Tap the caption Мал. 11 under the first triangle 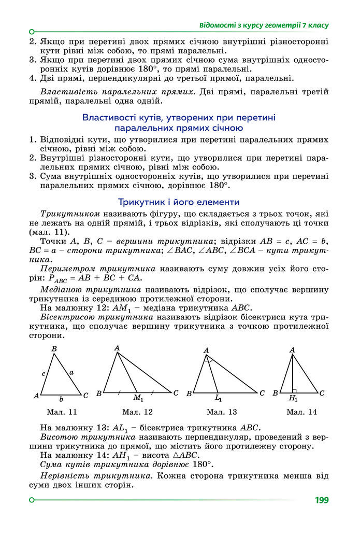pyautogui.click(x=61, y=412)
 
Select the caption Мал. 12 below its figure pyautogui.click(x=137, y=412)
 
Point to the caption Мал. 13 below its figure pyautogui.click(x=222, y=412)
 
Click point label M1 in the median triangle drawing pyautogui.click(x=138, y=398)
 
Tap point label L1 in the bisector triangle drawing pyautogui.click(x=219, y=398)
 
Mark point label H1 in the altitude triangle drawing pyautogui.click(x=293, y=398)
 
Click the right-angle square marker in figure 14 pyautogui.click(x=294, y=390)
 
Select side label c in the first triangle pyautogui.click(x=44, y=373)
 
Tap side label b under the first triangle pyautogui.click(x=61, y=399)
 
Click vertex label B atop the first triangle pyautogui.click(x=54, y=349)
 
